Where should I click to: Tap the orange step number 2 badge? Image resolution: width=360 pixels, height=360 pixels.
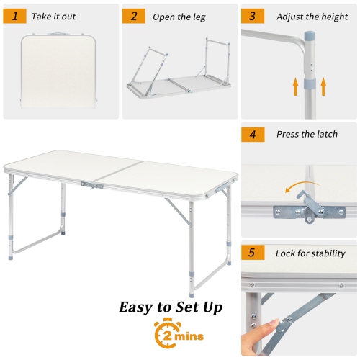(x=133, y=15)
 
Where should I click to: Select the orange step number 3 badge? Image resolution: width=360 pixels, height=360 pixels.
(x=252, y=15)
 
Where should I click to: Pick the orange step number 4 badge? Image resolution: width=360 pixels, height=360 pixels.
(x=252, y=134)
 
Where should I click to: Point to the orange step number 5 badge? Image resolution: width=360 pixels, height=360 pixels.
(x=252, y=253)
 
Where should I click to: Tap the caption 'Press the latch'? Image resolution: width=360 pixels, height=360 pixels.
(x=306, y=134)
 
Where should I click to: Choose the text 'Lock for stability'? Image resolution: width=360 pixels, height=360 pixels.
(x=310, y=253)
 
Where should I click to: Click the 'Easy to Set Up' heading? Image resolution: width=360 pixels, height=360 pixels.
(x=171, y=307)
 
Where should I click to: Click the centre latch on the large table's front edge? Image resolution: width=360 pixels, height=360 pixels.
(x=91, y=186)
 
